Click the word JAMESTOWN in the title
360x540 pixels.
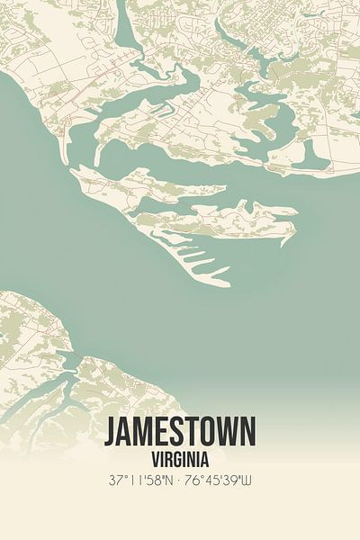tap(180, 432)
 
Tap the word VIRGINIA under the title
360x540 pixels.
tap(180, 456)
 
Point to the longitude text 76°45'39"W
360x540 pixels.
tap(220, 481)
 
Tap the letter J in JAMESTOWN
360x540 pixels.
tap(112, 432)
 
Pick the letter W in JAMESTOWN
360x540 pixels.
tap(224, 432)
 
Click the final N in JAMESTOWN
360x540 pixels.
tap(247, 432)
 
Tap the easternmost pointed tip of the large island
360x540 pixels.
tap(295, 211)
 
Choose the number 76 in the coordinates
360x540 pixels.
tap(192, 481)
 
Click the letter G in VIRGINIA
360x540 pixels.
tap(178, 456)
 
